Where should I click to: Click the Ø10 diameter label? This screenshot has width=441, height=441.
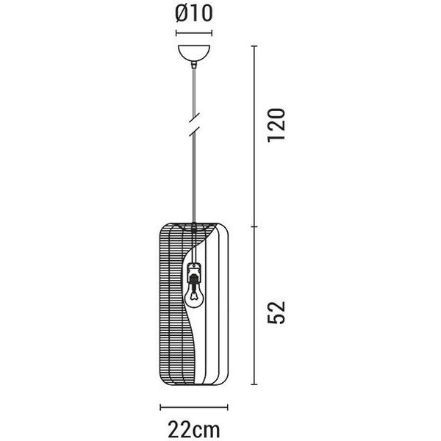pyautogui.click(x=194, y=13)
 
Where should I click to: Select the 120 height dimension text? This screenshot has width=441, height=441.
pyautogui.click(x=276, y=125)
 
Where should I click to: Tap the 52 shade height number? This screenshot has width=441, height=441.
pyautogui.click(x=276, y=312)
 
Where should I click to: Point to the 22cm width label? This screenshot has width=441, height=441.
pyautogui.click(x=194, y=430)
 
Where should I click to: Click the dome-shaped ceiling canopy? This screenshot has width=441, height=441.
pyautogui.click(x=194, y=54)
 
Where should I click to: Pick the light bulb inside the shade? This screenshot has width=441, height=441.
pyautogui.click(x=193, y=297)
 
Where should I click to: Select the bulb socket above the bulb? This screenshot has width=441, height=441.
pyautogui.click(x=194, y=272)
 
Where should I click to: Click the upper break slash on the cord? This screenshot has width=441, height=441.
pyautogui.click(x=194, y=118)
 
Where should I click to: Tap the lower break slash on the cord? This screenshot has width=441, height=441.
pyautogui.click(x=194, y=132)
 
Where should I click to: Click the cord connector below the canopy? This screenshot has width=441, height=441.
pyautogui.click(x=194, y=65)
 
